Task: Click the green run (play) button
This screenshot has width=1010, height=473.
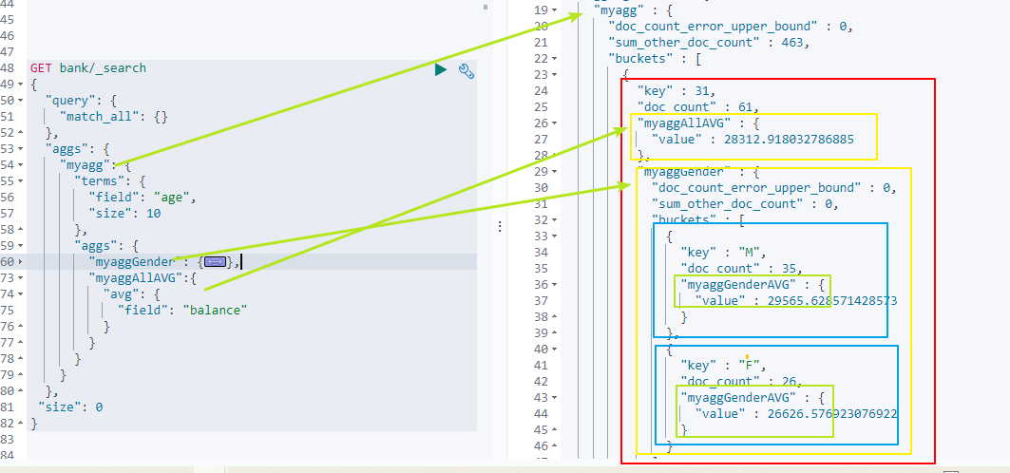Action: (441, 69)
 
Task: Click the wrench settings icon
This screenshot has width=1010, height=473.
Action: (467, 71)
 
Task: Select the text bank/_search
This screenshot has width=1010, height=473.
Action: (103, 68)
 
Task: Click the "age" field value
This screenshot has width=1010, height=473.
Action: (173, 198)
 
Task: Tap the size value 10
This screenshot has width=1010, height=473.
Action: (153, 214)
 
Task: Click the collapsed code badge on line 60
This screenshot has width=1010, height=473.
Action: (215, 262)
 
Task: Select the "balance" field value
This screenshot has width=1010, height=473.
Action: (215, 311)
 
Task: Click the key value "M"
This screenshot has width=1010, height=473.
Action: (751, 253)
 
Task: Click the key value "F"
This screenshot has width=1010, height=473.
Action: (751, 366)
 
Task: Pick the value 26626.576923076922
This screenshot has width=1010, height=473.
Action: (832, 414)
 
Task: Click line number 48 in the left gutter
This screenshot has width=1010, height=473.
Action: (9, 68)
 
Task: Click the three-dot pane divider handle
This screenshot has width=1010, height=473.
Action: (500, 226)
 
